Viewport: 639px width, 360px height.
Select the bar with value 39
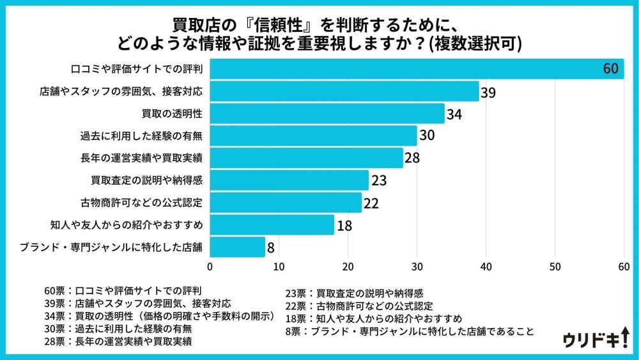344,91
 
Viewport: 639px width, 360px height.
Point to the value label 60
612,69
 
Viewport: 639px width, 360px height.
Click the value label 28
412,158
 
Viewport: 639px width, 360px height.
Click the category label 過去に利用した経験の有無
141,136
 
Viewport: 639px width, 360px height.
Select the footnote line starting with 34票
157,316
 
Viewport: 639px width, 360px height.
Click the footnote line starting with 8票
410,331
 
